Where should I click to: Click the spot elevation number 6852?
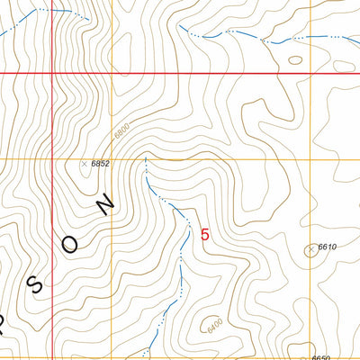tap(100, 163)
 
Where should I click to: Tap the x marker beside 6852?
tap(84, 164)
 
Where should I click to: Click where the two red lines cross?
tap(52, 72)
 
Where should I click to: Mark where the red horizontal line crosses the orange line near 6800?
tap(112, 72)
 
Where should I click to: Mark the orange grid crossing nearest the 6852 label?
tap(112, 159)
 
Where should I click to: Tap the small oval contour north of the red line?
tap(295, 61)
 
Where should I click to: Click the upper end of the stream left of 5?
tap(145, 159)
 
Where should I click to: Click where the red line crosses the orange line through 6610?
tap(310, 72)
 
